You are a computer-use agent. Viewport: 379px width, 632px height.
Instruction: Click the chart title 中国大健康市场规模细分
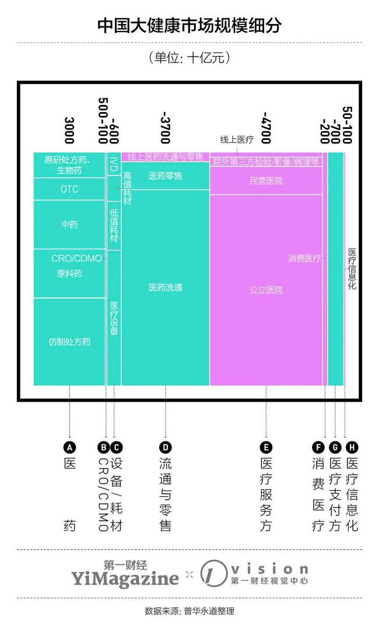[x=189, y=26]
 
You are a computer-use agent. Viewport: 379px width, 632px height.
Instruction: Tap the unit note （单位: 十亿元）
[x=189, y=58]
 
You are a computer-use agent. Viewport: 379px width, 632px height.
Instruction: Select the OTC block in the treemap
[x=69, y=189]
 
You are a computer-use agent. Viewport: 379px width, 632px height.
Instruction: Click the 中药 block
[x=69, y=225]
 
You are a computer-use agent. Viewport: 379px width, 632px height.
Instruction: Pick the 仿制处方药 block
[x=69, y=342]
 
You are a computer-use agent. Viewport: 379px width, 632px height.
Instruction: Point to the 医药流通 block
[x=165, y=287]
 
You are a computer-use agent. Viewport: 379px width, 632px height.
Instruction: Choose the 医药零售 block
[x=165, y=175]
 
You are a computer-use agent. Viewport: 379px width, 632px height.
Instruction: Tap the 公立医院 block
[x=266, y=290]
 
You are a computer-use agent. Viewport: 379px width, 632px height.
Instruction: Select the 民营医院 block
[x=266, y=181]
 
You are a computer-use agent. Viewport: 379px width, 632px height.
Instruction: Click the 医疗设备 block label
[x=114, y=318]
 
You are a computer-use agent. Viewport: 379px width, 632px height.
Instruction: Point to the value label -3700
[x=166, y=128]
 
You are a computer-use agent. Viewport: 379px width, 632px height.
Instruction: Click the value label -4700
[x=266, y=128]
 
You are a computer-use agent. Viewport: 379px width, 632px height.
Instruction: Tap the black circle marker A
[x=69, y=448]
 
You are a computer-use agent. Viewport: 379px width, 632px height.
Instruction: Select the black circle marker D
[x=165, y=448]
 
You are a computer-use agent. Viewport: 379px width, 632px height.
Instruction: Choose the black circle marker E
[x=266, y=448]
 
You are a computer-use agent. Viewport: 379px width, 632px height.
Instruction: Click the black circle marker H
[x=352, y=448]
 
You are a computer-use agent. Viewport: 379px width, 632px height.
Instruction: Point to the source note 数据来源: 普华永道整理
[x=189, y=612]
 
